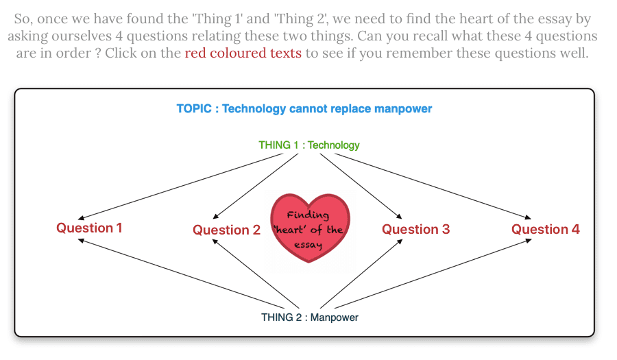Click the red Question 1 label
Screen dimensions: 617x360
[89, 228]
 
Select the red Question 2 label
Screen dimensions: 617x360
[227, 230]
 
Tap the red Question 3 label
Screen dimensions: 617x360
[416, 229]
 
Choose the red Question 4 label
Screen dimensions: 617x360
[546, 229]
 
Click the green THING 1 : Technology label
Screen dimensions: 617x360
[309, 145]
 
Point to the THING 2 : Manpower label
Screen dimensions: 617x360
[310, 317]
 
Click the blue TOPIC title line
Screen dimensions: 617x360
[304, 108]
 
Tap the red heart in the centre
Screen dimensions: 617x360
[310, 228]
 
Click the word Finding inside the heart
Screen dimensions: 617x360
[308, 215]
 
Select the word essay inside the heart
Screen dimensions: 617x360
[308, 245]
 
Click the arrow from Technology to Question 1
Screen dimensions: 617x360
[180, 187]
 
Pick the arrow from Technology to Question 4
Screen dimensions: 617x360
[433, 187]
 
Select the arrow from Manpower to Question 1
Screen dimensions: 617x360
[180, 274]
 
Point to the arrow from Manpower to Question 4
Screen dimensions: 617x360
[433, 274]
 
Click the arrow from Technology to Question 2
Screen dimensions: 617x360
[256, 187]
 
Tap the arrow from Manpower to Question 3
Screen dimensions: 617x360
[361, 274]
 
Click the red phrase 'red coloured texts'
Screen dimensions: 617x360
[243, 53]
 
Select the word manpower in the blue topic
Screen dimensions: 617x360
[403, 109]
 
